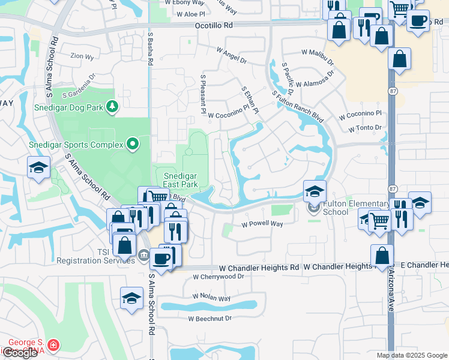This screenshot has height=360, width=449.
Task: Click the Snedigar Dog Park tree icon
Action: (112, 107)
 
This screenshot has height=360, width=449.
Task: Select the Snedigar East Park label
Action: (181, 179)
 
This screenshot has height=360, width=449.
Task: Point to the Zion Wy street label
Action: (82, 56)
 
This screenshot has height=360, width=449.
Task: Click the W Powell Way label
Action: (262, 224)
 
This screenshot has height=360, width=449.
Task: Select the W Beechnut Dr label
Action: (209, 319)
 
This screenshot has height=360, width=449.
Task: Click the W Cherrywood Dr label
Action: (218, 277)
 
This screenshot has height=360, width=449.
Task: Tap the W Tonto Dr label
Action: (365, 128)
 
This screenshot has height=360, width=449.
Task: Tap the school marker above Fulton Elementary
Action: (315, 192)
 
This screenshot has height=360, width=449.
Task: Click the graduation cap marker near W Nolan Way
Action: (131, 298)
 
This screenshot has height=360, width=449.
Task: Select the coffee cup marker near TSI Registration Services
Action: (161, 259)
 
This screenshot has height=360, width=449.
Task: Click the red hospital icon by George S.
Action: (53, 345)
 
